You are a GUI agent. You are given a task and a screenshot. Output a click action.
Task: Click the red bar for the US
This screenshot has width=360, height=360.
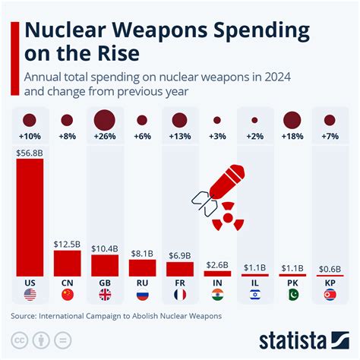30,217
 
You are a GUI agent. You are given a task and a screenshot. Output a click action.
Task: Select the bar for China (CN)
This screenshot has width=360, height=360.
68,263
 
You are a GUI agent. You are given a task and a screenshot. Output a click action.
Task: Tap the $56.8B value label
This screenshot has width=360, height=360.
30,152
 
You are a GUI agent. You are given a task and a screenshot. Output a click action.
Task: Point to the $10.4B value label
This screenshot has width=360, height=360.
105,248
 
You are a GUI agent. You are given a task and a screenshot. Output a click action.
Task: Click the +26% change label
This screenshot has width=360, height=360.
105,137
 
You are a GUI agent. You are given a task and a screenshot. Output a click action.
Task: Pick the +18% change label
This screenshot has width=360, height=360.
292,137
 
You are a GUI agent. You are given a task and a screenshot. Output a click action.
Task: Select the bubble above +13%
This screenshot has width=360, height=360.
179,119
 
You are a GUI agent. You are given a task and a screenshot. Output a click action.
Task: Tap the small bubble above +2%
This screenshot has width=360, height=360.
254,120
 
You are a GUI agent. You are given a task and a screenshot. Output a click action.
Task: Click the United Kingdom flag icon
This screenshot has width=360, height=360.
105,295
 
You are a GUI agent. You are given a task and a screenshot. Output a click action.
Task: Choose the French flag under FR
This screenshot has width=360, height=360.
179,295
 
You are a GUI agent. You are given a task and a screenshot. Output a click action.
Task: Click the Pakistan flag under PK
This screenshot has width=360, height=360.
292,295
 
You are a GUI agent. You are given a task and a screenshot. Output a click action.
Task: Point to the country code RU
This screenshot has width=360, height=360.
142,282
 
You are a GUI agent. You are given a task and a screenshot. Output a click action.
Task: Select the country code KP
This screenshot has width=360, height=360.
329,282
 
